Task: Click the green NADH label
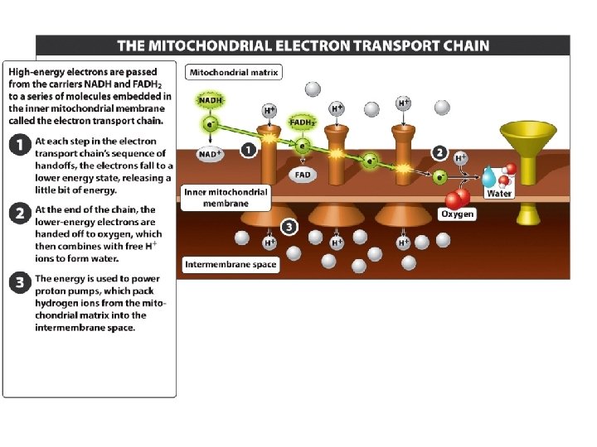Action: pos(211,100)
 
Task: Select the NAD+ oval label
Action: pos(210,154)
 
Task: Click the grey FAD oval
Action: pos(303,175)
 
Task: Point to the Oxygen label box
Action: pos(457,214)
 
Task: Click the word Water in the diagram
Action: pos(499,194)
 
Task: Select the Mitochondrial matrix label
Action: pos(234,72)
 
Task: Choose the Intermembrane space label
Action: pos(231,265)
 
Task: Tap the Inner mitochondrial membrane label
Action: pos(226,197)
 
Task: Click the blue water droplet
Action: pos(489,176)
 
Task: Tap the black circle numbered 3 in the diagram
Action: pos(288,226)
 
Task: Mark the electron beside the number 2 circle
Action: pos(440,175)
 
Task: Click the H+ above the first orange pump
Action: pos(269,110)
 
